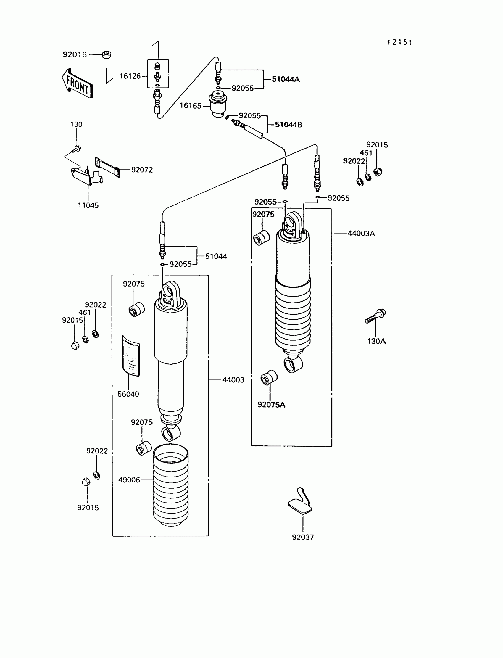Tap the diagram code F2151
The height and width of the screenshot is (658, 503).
[x=399, y=43]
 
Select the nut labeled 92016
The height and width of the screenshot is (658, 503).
[x=106, y=54]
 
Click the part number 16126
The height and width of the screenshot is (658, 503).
[x=130, y=76]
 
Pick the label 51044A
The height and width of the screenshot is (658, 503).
[x=286, y=79]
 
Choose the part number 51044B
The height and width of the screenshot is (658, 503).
[x=288, y=125]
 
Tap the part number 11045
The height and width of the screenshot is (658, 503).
[x=88, y=205]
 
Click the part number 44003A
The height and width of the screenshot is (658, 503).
[x=361, y=234]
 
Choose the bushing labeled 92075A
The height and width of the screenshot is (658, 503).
[x=269, y=378]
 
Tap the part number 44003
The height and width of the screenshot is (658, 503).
[x=233, y=380]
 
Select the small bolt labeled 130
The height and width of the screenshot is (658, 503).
[x=77, y=148]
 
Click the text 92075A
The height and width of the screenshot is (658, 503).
[x=271, y=405]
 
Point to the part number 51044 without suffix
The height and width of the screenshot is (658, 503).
[x=216, y=256]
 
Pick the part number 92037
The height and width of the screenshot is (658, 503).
[x=303, y=537]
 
